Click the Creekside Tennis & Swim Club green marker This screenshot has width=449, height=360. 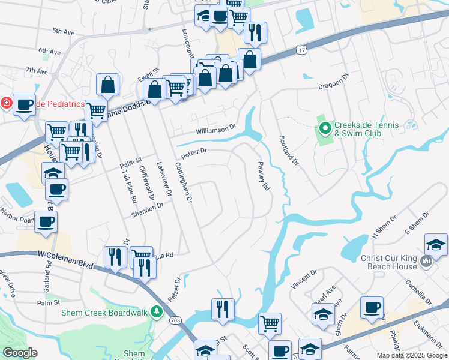[x=325, y=128]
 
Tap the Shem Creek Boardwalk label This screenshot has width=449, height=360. [x=106, y=312]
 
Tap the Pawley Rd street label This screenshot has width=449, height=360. [x=263, y=176]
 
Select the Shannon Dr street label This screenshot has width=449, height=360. [x=147, y=208]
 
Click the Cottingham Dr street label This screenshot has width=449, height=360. [x=184, y=182]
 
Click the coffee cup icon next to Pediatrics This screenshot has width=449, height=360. [x=24, y=104]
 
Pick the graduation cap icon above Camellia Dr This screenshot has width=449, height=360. [x=436, y=244]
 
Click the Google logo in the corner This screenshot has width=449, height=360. [x=20, y=353]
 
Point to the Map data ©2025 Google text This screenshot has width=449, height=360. [x=411, y=355]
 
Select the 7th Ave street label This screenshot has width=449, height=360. [x=37, y=71]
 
